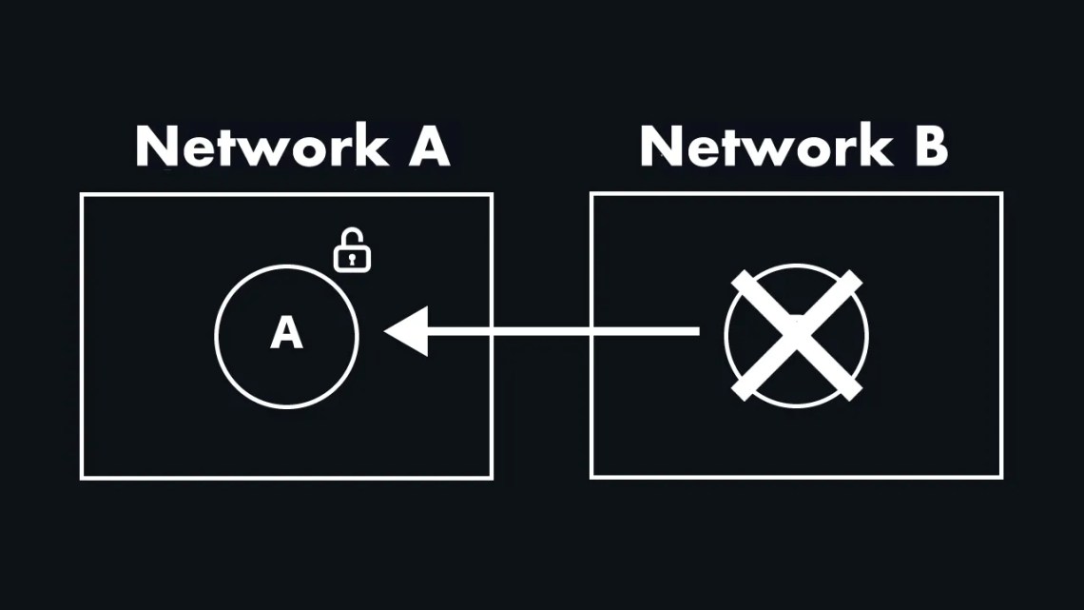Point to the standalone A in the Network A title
(428, 148)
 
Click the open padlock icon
(351, 250)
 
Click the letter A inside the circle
(286, 334)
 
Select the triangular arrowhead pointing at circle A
(407, 331)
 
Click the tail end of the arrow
(697, 331)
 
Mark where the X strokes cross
(796, 335)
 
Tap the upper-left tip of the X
(738, 279)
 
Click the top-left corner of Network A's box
(82, 195)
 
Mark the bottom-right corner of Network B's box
(1001, 476)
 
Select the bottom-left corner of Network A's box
(82, 477)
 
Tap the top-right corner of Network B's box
(1001, 194)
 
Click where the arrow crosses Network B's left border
(591, 331)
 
